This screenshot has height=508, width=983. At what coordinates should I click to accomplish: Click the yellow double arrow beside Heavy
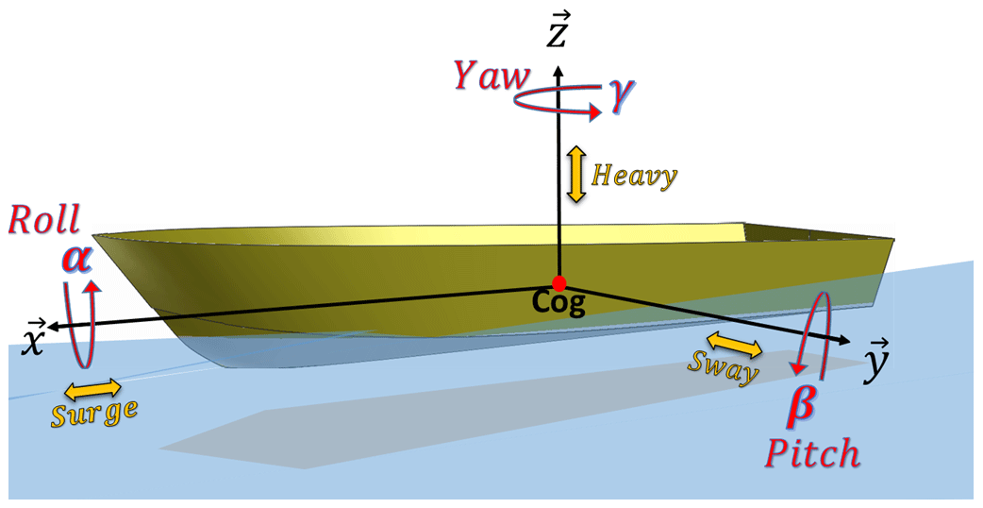575,175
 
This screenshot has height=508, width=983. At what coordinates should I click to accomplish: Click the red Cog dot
559,283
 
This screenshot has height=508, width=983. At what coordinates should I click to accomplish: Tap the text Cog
559,304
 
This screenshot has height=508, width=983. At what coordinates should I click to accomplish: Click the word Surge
95,412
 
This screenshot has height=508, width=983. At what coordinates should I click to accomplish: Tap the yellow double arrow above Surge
92,387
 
